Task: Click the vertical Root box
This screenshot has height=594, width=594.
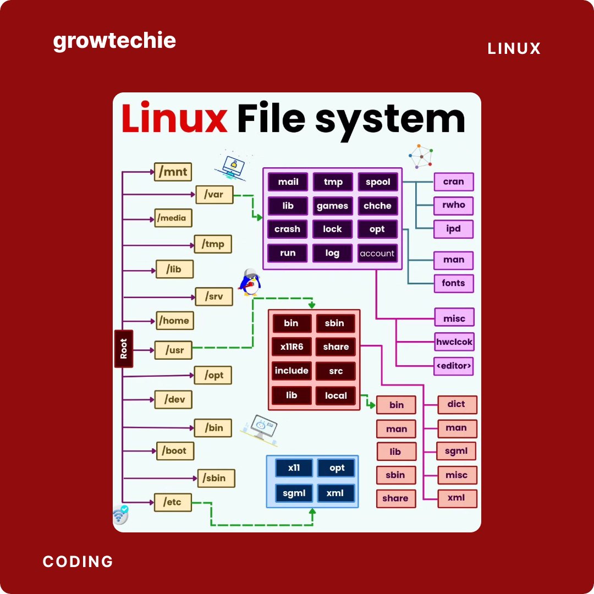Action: [x=123, y=349]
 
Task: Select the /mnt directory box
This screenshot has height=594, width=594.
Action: [x=173, y=172]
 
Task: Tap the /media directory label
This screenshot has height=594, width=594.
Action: [x=172, y=218]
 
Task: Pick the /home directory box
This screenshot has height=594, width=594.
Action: [x=174, y=321]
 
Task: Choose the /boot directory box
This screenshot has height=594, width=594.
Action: [x=175, y=450]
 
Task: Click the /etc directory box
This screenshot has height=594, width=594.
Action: [x=173, y=502]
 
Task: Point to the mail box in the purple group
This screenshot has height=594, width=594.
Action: [x=288, y=182]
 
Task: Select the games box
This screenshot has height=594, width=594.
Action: [x=332, y=206]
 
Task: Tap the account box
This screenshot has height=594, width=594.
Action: [x=377, y=253]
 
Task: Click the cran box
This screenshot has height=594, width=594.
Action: [x=453, y=182]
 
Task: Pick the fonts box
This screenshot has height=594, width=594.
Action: [x=453, y=283]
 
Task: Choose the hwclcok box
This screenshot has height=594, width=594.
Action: [x=454, y=342]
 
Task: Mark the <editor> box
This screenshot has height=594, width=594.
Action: [x=453, y=365]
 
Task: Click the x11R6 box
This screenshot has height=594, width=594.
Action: [x=291, y=346]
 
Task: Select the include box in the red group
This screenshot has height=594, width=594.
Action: [x=291, y=371]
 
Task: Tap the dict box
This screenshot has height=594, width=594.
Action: [x=457, y=404]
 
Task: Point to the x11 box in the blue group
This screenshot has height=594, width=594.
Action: [x=294, y=468]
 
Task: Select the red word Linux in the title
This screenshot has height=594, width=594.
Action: [x=174, y=118]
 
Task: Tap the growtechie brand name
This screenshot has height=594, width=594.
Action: [x=114, y=41]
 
